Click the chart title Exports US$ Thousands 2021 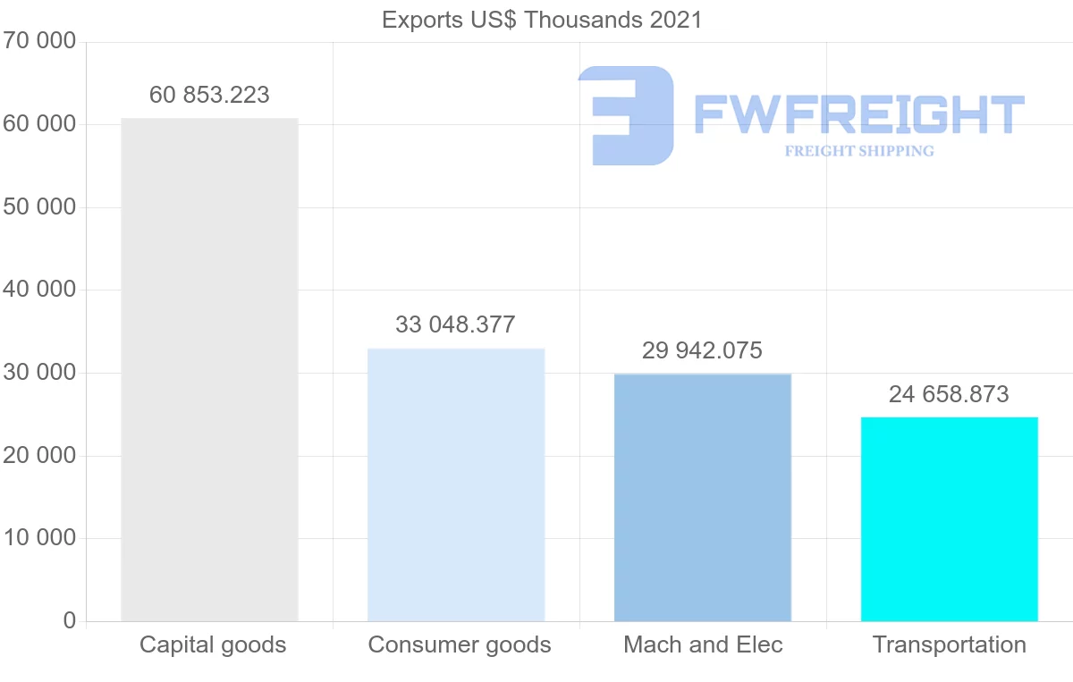point(542,20)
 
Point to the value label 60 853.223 point(209,96)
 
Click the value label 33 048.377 point(456,324)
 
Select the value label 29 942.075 point(703,350)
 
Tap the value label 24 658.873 point(949,394)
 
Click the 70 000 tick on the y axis point(38,41)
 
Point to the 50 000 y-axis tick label point(38,207)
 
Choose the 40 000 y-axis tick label point(38,290)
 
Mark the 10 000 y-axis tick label point(38,538)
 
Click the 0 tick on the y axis point(70,620)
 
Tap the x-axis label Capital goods point(213,644)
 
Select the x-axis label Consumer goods point(460,644)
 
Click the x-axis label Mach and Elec point(703,644)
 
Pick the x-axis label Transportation point(949,644)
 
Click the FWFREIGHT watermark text point(858,114)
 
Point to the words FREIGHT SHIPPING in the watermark point(859,151)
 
